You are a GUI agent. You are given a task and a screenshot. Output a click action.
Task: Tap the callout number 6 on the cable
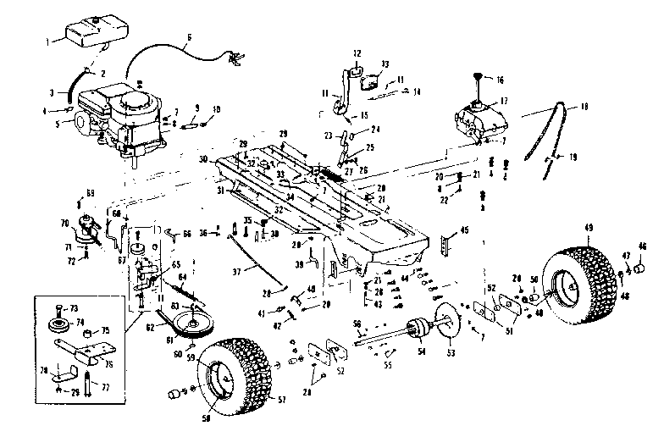click(188, 36)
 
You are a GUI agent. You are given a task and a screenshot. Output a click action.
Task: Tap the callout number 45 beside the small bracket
click(464, 230)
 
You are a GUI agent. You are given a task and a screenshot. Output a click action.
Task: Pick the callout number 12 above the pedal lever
click(357, 53)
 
